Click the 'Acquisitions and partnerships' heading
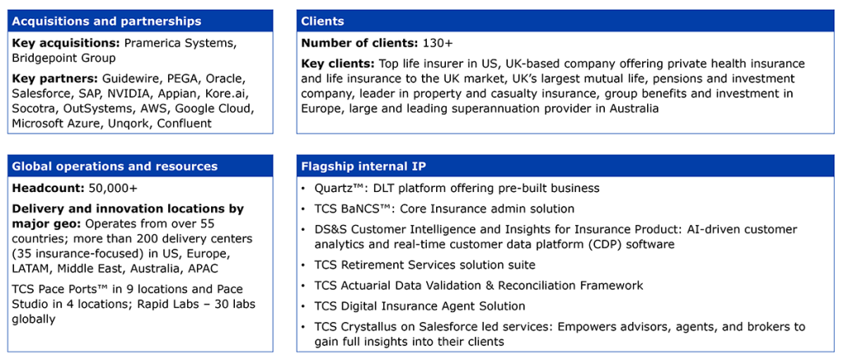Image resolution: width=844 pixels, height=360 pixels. (106, 21)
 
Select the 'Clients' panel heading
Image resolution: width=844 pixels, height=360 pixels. (323, 21)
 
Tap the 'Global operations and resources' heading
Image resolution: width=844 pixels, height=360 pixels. (115, 166)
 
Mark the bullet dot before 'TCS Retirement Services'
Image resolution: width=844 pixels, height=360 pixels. (304, 264)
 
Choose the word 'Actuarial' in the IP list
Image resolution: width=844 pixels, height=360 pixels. (365, 285)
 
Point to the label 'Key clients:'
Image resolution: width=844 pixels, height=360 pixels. (337, 64)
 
